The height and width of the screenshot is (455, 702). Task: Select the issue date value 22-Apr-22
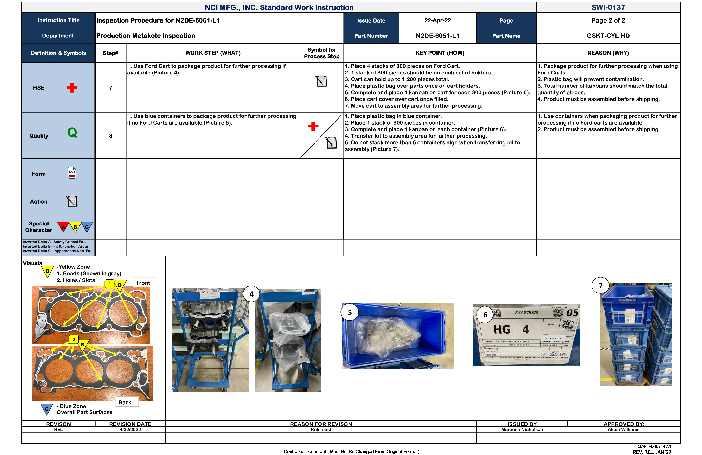[438, 20]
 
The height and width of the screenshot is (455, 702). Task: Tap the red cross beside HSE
[72, 88]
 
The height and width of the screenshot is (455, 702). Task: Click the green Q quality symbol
[72, 132]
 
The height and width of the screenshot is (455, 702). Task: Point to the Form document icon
[72, 173]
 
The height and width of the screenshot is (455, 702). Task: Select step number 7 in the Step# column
[111, 88]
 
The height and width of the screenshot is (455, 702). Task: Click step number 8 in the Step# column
[111, 136]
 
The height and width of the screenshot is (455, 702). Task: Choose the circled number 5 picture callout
[350, 312]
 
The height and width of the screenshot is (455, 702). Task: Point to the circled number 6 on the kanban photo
[485, 315]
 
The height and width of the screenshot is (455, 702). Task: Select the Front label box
[143, 283]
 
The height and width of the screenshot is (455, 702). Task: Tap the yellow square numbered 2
[74, 339]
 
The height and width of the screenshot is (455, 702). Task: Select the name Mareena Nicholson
[522, 430]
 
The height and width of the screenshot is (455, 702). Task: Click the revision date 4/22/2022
[130, 430]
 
